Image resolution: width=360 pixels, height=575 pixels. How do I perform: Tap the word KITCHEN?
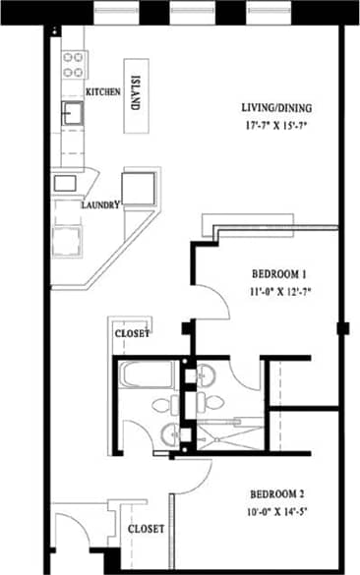(x=102, y=91)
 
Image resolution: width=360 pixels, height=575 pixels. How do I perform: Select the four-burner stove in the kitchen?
(x=74, y=65)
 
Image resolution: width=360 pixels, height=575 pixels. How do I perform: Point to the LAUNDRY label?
(x=101, y=205)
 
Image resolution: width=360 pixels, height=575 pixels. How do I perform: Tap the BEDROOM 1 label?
(x=279, y=273)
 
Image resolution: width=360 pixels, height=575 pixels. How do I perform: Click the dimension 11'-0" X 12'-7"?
(x=279, y=291)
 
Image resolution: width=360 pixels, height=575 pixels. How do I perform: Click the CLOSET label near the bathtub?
(x=133, y=333)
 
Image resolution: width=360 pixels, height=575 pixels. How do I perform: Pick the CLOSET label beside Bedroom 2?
(x=147, y=528)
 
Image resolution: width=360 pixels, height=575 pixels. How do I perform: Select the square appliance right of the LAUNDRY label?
(x=139, y=187)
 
